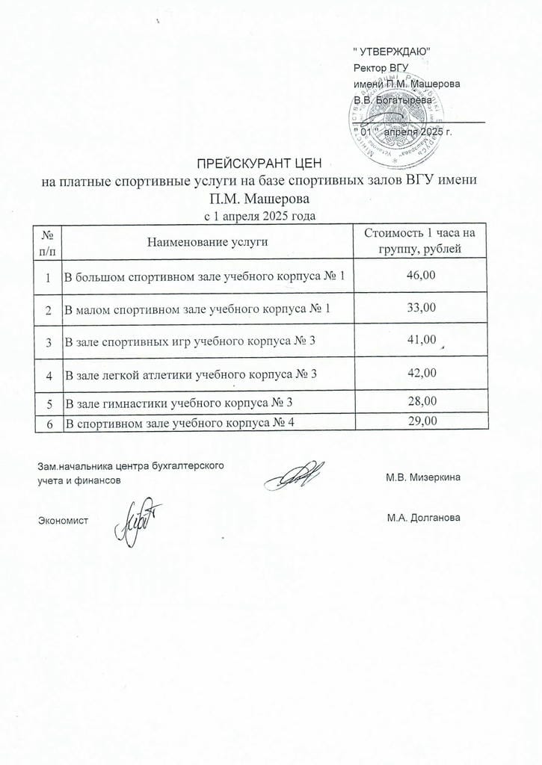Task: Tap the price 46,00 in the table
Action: [x=419, y=276]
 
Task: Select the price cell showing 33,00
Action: [x=419, y=307]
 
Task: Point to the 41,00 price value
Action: [x=419, y=340]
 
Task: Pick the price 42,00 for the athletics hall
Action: [x=419, y=372]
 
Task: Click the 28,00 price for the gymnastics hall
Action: [x=419, y=403]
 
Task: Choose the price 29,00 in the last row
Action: [x=419, y=422]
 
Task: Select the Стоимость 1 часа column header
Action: [x=419, y=241]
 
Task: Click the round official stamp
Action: [x=389, y=123]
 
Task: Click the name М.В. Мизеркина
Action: [x=423, y=477]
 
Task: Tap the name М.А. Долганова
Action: [x=423, y=518]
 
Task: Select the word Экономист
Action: [x=63, y=518]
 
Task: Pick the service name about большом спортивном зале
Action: [x=206, y=277]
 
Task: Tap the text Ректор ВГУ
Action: [x=378, y=66]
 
